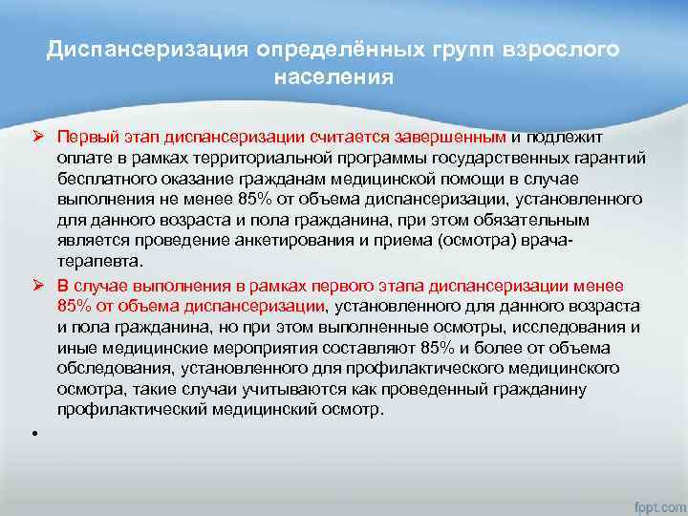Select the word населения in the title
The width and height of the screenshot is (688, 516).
(x=333, y=76)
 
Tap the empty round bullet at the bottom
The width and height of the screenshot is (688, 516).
(x=33, y=432)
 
